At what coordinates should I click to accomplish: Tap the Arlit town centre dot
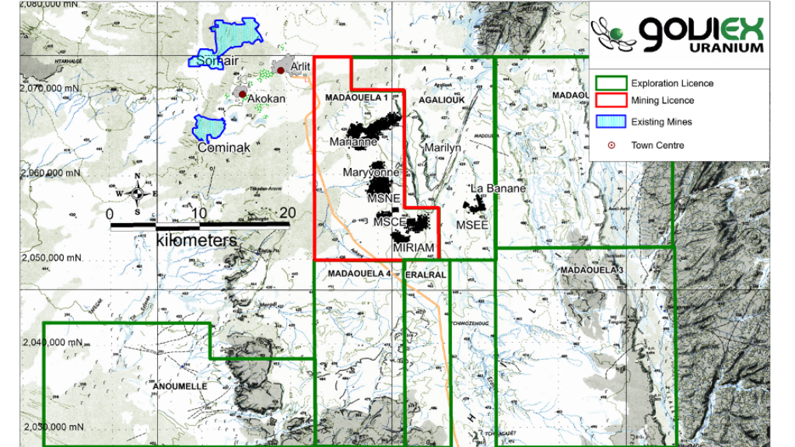281,71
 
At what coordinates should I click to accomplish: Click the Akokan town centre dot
242,95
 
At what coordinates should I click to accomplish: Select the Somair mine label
217,60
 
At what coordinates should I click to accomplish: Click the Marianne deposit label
353,141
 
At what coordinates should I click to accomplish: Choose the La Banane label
499,188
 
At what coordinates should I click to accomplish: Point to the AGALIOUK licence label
442,100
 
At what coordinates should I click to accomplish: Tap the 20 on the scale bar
288,213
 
